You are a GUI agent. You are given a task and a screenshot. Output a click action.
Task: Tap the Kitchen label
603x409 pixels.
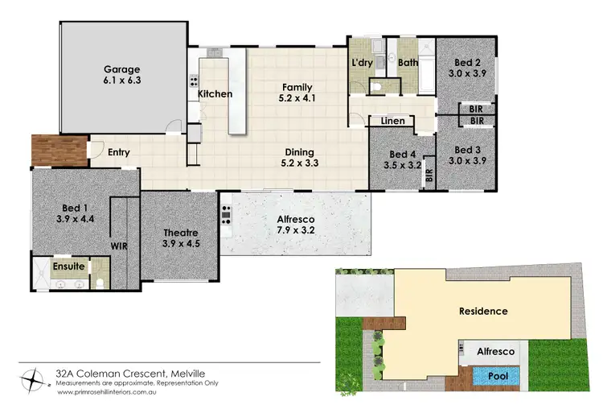[x=215, y=94]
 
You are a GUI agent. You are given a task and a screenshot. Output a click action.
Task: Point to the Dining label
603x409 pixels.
[x=298, y=152]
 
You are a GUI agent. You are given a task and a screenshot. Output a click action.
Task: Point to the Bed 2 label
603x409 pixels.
[x=467, y=62]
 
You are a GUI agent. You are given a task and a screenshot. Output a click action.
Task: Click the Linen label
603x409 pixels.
[x=392, y=121]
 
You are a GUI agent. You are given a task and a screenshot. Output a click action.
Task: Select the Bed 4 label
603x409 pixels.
[x=402, y=154]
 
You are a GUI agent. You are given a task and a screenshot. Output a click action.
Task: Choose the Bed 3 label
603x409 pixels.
[x=467, y=149]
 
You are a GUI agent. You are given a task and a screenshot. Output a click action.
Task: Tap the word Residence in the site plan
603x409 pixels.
[x=482, y=311]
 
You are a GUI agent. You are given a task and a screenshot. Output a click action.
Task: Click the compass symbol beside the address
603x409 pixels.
[x=33, y=376]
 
